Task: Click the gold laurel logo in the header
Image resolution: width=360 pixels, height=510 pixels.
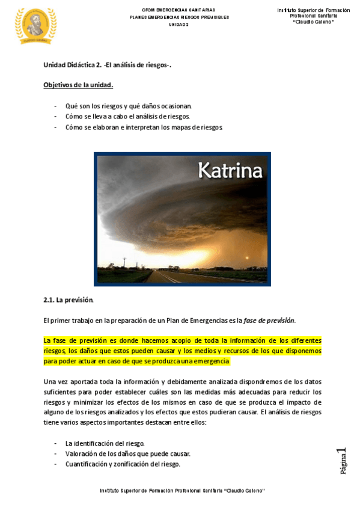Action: (x=35, y=26)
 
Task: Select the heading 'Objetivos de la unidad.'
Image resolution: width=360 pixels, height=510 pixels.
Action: (x=78, y=85)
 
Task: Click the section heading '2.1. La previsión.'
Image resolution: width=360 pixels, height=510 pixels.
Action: (x=69, y=300)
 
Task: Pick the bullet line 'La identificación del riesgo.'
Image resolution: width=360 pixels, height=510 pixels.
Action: (x=105, y=443)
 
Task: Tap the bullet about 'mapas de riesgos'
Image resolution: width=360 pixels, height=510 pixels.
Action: (x=144, y=127)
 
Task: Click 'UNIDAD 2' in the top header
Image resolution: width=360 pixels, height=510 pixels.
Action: (x=178, y=25)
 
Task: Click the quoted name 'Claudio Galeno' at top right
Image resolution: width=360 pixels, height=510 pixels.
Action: (x=313, y=23)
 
